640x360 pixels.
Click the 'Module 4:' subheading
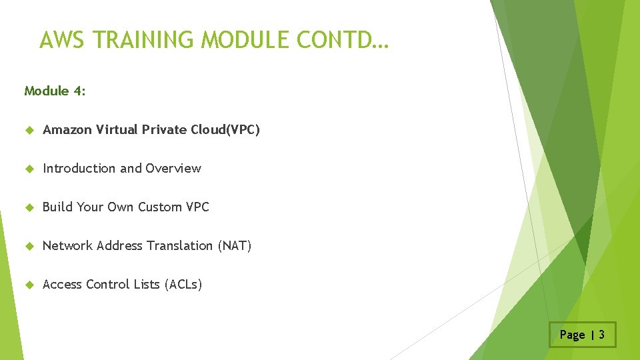55,91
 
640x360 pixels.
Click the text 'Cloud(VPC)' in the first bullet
225,130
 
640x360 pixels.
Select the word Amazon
67,130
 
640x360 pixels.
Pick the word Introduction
79,169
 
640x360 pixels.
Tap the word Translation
181,246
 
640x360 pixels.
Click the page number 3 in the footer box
601,335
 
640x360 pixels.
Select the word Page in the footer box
572,335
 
